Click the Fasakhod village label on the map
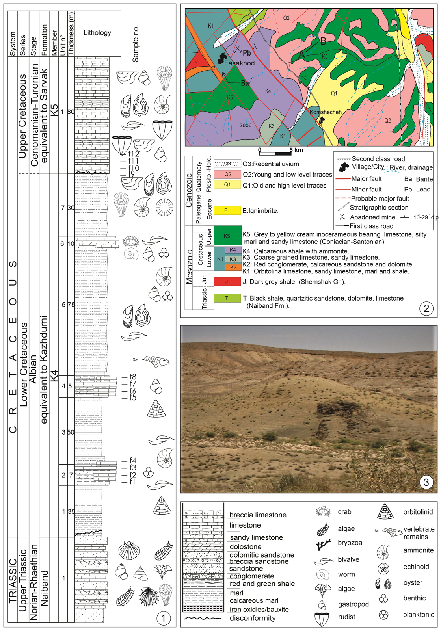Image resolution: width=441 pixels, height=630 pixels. point(239,63)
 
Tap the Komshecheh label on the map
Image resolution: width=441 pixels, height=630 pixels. point(326,112)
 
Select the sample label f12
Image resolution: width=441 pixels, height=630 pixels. point(134,154)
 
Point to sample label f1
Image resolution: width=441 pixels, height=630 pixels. point(132,481)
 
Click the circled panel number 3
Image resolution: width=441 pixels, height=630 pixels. point(426,481)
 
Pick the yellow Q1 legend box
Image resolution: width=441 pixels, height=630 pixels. point(227,185)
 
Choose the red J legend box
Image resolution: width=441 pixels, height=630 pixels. point(227,282)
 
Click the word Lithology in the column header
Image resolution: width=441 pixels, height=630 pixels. point(97,33)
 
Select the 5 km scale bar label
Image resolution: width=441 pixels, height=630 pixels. point(296,150)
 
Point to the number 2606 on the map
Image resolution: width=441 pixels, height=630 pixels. point(245,125)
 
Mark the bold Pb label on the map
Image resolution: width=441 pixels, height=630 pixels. point(247,53)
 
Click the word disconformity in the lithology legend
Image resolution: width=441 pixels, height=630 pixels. point(253,618)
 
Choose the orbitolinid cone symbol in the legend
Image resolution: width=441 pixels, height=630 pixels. point(385,512)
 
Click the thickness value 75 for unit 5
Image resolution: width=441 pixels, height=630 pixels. point(71,305)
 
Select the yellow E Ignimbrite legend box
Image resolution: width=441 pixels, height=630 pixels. point(227,210)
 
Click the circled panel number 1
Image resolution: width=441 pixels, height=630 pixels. point(163,618)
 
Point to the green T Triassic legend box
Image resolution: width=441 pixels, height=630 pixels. point(227,298)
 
